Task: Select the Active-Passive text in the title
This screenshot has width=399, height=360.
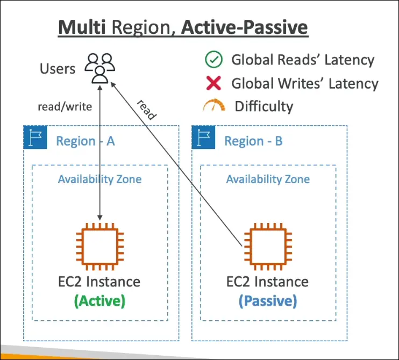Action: click(245, 27)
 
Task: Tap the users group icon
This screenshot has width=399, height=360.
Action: click(100, 68)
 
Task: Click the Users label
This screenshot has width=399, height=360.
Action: click(58, 69)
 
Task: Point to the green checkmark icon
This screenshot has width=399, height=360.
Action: click(213, 60)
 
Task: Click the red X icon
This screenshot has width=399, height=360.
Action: click(213, 83)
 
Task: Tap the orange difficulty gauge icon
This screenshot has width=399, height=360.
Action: click(213, 106)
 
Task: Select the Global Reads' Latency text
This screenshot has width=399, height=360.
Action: click(303, 60)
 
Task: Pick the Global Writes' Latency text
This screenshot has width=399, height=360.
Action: click(305, 83)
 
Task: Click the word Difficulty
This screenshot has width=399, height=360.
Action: click(263, 106)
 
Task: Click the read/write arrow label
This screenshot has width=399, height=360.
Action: click(65, 106)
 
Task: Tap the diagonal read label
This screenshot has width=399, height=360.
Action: click(146, 110)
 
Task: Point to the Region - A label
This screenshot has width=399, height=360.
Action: click(85, 141)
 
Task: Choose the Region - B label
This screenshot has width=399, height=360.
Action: click(253, 141)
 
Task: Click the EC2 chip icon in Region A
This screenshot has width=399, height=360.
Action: click(100, 248)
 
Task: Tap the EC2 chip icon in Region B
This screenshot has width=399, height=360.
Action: click(268, 248)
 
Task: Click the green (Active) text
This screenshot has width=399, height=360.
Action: click(100, 301)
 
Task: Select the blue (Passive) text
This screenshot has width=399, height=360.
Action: click(268, 301)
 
